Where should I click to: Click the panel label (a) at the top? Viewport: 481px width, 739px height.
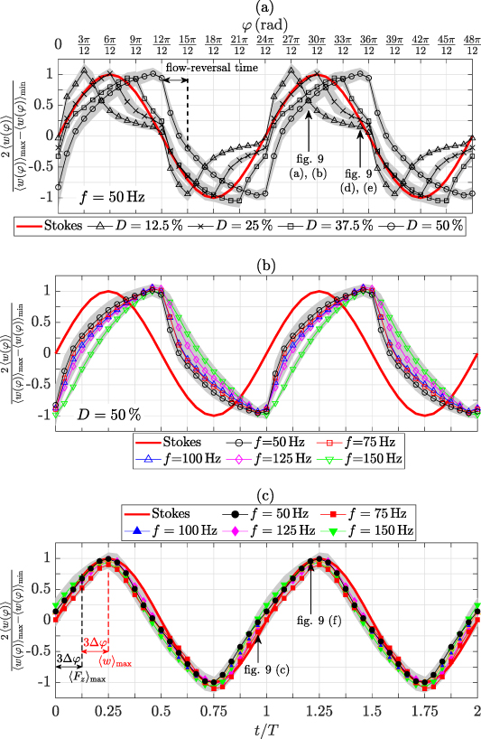pyautogui.click(x=266, y=7)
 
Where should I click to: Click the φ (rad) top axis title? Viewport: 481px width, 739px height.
pyautogui.click(x=266, y=22)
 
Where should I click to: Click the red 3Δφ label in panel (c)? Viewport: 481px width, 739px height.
pyautogui.click(x=95, y=642)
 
